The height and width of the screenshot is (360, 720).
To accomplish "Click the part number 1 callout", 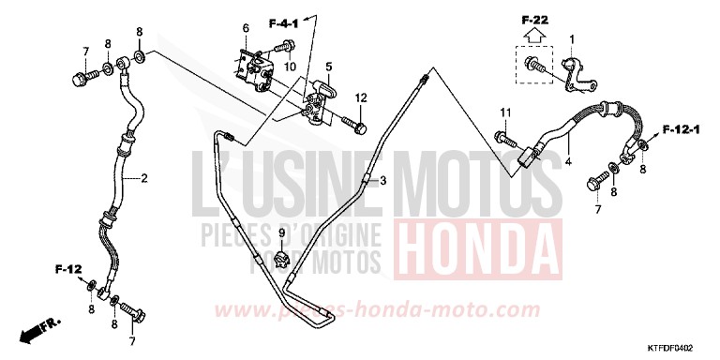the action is click(571, 38).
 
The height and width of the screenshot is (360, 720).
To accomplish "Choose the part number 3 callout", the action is click(382, 180).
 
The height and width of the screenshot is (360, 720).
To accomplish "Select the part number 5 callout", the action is click(329, 67).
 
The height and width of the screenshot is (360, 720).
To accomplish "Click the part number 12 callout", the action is click(360, 97).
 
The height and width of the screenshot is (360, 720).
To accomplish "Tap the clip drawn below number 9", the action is click(282, 255).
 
